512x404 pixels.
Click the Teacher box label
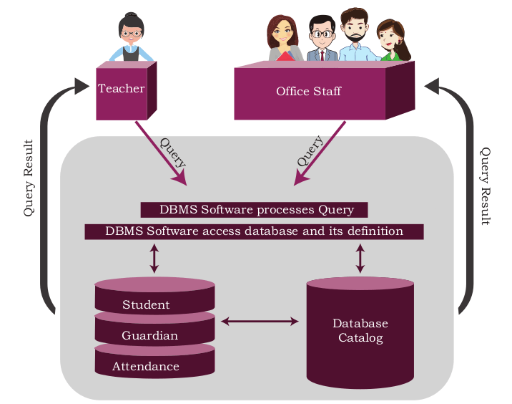point(121,88)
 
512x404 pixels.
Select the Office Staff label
point(309,91)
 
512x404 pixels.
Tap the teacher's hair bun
point(131,15)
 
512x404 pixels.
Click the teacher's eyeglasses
point(132,34)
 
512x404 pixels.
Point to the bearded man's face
point(354,29)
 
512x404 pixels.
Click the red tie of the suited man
point(323,55)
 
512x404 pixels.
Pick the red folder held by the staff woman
point(285,57)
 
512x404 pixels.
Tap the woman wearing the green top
point(393,41)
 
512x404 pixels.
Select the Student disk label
point(146,304)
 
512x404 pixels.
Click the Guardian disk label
point(150,335)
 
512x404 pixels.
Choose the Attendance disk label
point(146,366)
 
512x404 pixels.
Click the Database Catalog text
point(360,330)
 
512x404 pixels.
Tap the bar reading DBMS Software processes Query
point(254,210)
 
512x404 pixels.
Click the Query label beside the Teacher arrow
point(173,153)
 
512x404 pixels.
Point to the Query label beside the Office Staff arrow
point(310,151)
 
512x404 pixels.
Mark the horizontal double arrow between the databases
point(260,321)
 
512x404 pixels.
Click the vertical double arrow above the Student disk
point(154,259)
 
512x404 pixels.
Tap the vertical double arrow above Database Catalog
point(360,259)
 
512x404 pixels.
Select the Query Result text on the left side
point(29,178)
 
